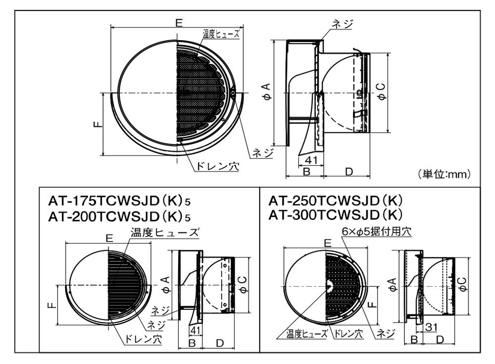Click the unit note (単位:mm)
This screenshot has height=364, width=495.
coord(444,174)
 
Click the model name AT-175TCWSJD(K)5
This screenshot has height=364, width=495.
coord(119,201)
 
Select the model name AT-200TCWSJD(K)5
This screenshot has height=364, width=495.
coord(119,217)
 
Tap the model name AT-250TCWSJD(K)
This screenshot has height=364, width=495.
coord(336,200)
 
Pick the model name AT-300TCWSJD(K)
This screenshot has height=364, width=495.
coord(336,215)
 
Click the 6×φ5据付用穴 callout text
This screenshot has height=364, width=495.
coord(376,232)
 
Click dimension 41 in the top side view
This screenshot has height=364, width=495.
coord(311,160)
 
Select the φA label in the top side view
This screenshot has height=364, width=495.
coord(267,92)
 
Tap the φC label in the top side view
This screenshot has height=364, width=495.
coord(382,92)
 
